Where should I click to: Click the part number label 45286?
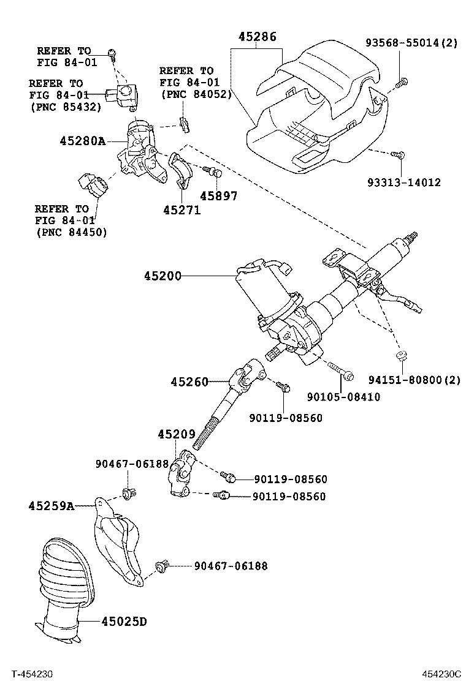coord(258,37)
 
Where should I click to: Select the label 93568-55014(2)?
coord(411,43)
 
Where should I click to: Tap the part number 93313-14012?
coord(404,182)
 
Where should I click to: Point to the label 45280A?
coord(82,141)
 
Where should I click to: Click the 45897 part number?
coord(219,196)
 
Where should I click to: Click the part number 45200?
coord(163,276)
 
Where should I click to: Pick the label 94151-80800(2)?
coord(414,380)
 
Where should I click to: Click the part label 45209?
coord(176,434)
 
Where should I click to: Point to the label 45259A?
coord(51,506)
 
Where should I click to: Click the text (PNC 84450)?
coord(71,232)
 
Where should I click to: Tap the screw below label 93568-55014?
coord(402,81)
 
